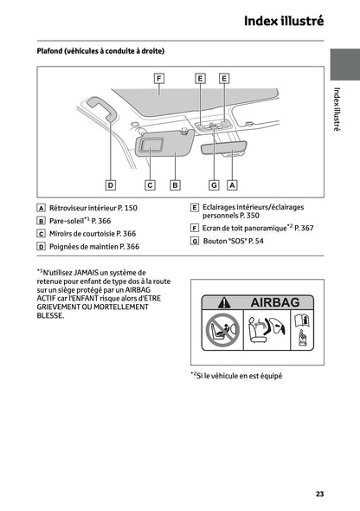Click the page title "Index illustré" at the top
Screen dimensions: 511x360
pos(283,21)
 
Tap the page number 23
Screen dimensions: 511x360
pos(319,494)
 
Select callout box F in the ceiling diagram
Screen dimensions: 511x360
pos(159,78)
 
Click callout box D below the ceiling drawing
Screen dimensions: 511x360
pos(111,184)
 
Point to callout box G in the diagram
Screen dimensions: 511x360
pos(213,184)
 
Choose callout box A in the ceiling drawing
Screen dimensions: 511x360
pos(232,184)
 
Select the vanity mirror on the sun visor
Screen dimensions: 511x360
pos(154,145)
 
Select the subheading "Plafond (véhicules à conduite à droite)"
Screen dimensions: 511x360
pos(100,51)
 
